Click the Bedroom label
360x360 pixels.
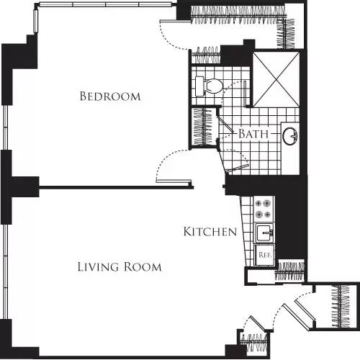pos(110,96)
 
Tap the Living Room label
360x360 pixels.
pos(120,267)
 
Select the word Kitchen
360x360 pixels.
pos(210,232)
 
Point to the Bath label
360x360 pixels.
pos(253,134)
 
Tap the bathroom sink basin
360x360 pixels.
pos(291,135)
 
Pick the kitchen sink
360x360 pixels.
pos(264,233)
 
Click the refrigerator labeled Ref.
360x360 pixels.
pos(264,253)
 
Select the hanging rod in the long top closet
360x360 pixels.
pos(238,14)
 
